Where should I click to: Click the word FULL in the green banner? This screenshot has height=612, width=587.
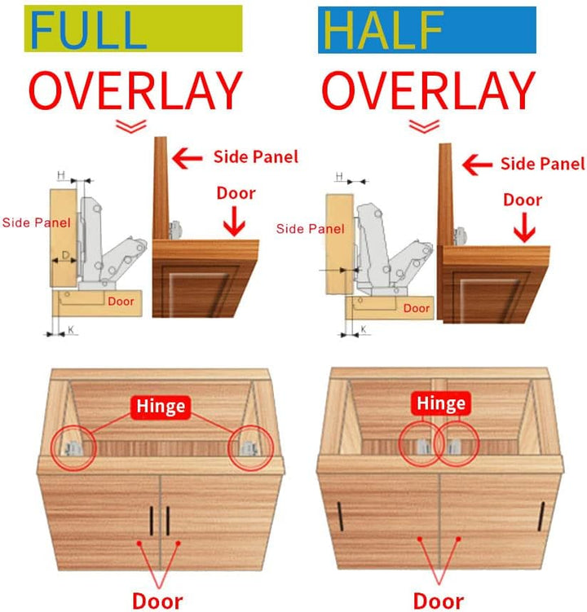coord(88,30)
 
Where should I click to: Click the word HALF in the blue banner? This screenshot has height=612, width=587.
coord(383,30)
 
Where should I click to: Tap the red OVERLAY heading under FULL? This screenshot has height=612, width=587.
coord(135,90)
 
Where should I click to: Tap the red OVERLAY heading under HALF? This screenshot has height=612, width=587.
coord(429,90)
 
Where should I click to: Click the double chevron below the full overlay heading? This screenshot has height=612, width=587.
coord(131,126)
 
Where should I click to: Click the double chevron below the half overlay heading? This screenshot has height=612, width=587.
coord(424,126)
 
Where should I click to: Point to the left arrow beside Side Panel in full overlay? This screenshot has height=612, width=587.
coord(188,158)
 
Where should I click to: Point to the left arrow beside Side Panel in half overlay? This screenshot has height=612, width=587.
coord(477,165)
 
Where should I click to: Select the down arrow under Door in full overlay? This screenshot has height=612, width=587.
coord(234,221)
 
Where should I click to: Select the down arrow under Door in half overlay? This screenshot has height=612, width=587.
coord(524,227)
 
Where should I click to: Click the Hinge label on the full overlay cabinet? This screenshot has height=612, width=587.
coord(161,407)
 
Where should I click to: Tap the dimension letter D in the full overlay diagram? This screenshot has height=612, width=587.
coord(66,255)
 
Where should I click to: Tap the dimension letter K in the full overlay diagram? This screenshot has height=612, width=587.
coord(71,330)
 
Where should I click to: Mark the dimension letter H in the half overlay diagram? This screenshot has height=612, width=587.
coord(339,176)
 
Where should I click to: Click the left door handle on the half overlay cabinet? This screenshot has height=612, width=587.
coord(341,517)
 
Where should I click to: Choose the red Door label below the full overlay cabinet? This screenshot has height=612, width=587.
coord(157,601)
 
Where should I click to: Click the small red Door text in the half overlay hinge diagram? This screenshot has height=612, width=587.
coord(417,308)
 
